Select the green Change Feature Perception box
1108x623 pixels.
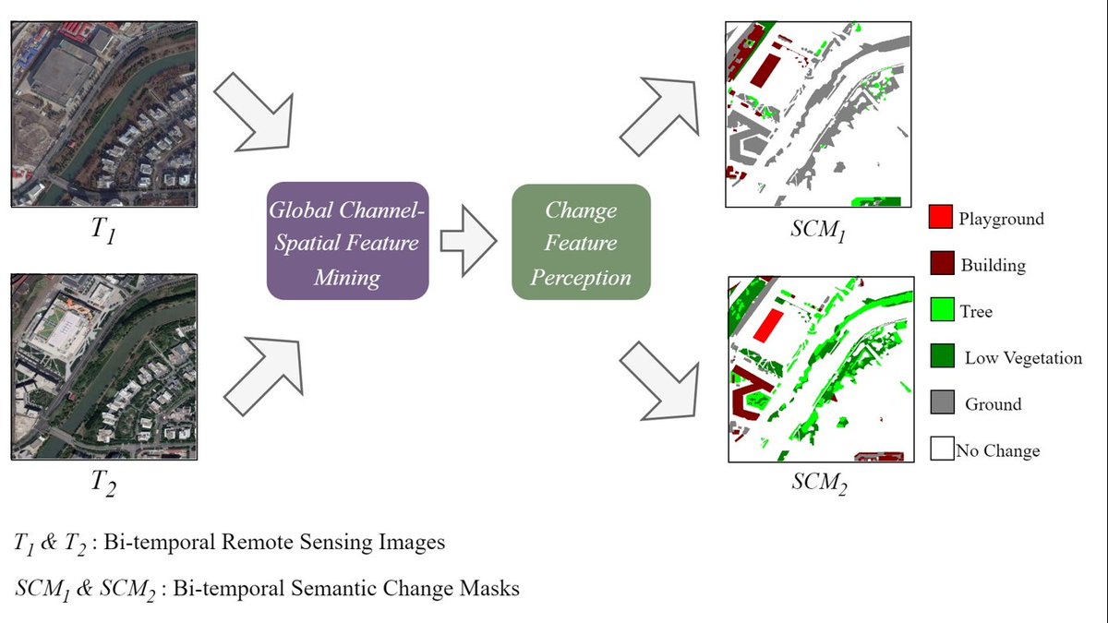[581, 242]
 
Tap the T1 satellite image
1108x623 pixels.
[103, 114]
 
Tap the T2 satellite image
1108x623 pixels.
[103, 365]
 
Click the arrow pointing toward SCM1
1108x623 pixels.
[661, 115]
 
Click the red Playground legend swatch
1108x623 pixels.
[940, 219]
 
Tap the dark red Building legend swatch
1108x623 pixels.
[940, 265]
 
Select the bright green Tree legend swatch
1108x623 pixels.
[940, 311]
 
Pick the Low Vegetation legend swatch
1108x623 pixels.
[940, 357]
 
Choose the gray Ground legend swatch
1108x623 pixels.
[940, 403]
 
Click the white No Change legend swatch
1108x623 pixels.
[940, 449]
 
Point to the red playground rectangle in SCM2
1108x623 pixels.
[766, 326]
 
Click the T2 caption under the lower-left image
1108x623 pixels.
[102, 483]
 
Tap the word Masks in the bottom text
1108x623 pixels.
[490, 587]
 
